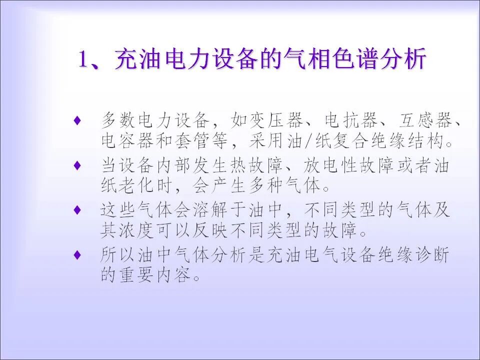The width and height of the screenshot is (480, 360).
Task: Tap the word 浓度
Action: pos(140,231)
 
